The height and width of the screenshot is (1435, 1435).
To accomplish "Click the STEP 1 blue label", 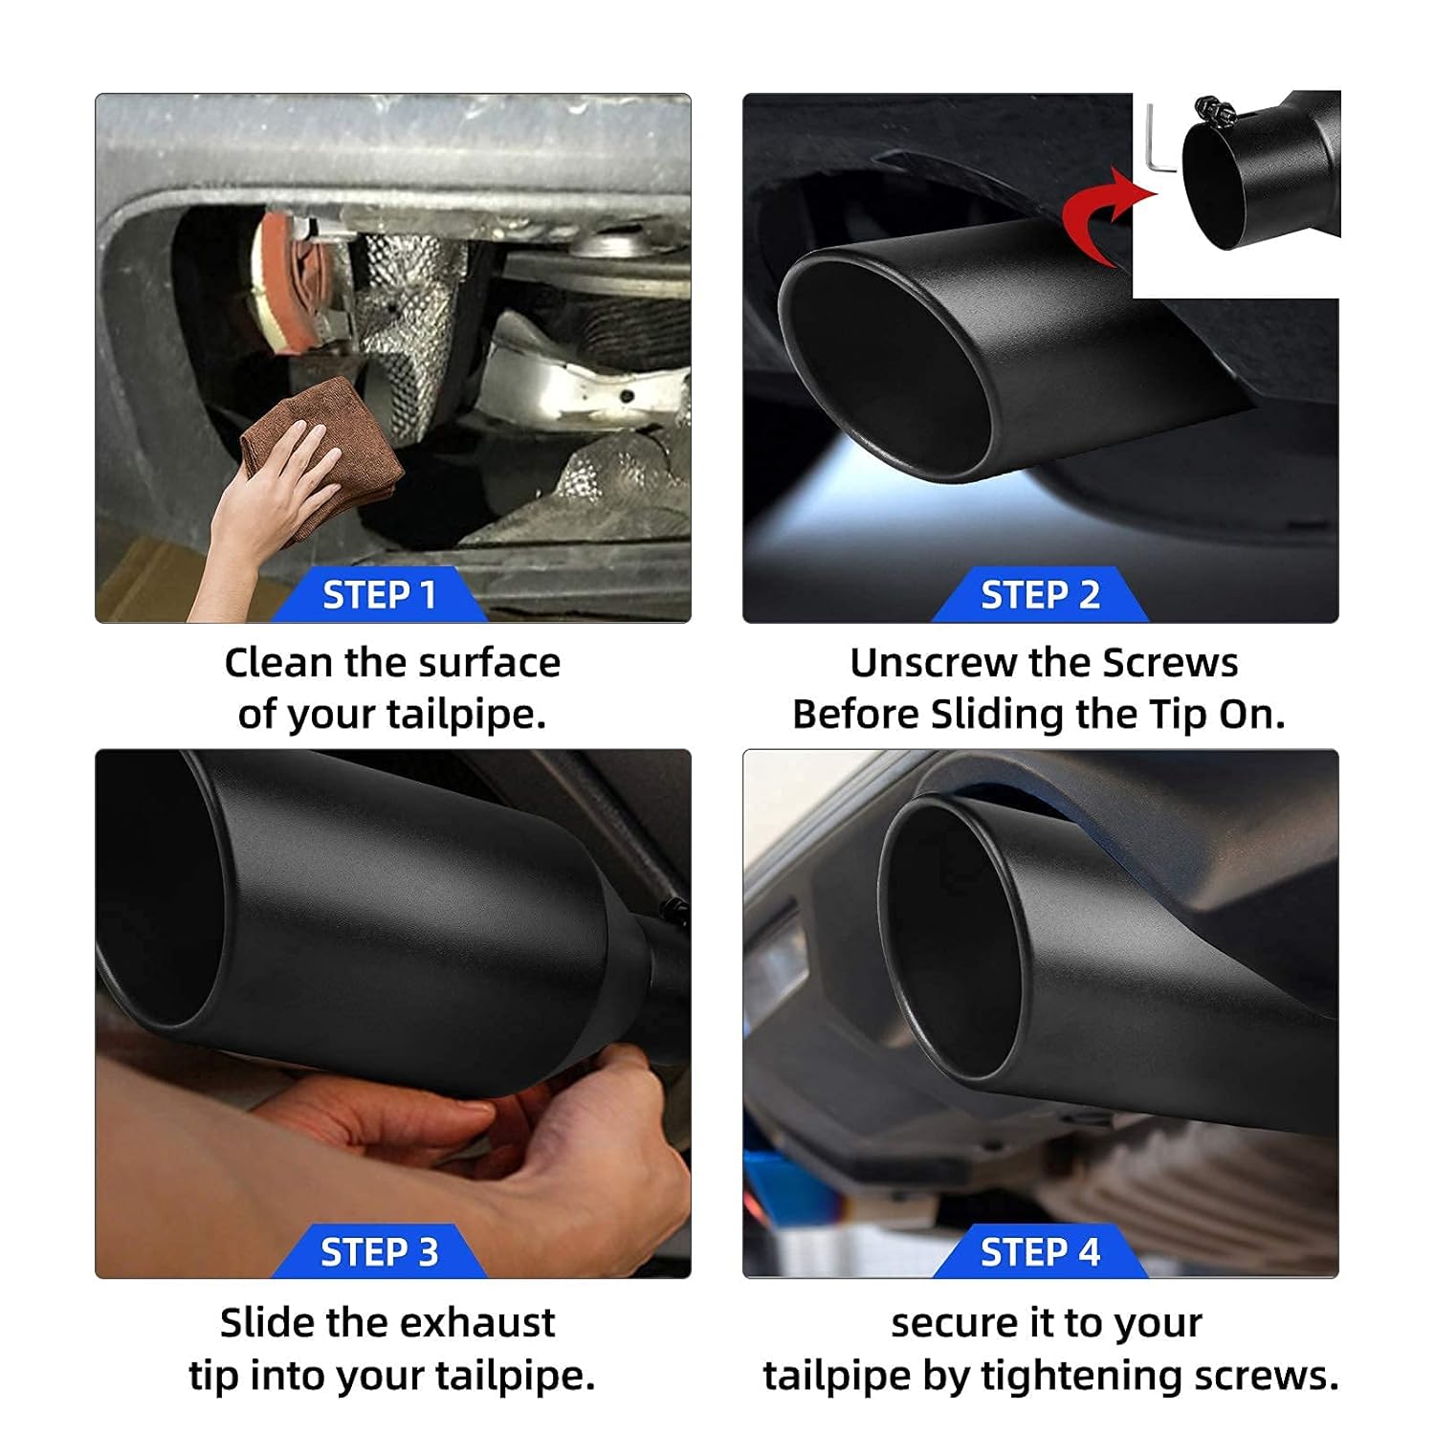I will point(379,595).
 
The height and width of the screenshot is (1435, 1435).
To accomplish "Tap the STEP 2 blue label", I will point(1040,595).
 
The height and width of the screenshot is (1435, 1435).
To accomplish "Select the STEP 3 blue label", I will point(379,1252).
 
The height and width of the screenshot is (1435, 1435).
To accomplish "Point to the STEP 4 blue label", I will point(1040,1252).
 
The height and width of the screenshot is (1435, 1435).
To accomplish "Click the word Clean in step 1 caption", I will point(278,663).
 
